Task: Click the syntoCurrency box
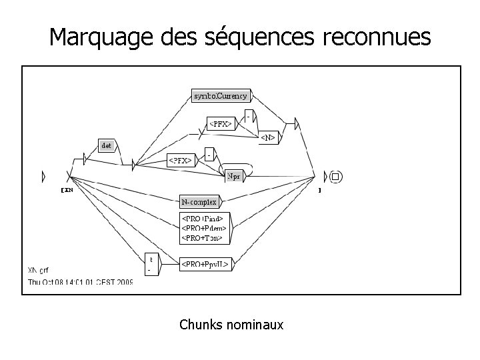coord(220,96)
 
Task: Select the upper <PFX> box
coord(221,123)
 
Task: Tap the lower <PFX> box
coord(181,160)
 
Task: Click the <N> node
coord(268,137)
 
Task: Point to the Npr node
coord(234,176)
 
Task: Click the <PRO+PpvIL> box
coord(205,265)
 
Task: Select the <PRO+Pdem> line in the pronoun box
coord(204,227)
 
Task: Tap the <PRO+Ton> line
coord(203,237)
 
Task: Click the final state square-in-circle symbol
coord(335,177)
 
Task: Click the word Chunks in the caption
coord(201,325)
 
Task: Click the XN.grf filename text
coord(39,271)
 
